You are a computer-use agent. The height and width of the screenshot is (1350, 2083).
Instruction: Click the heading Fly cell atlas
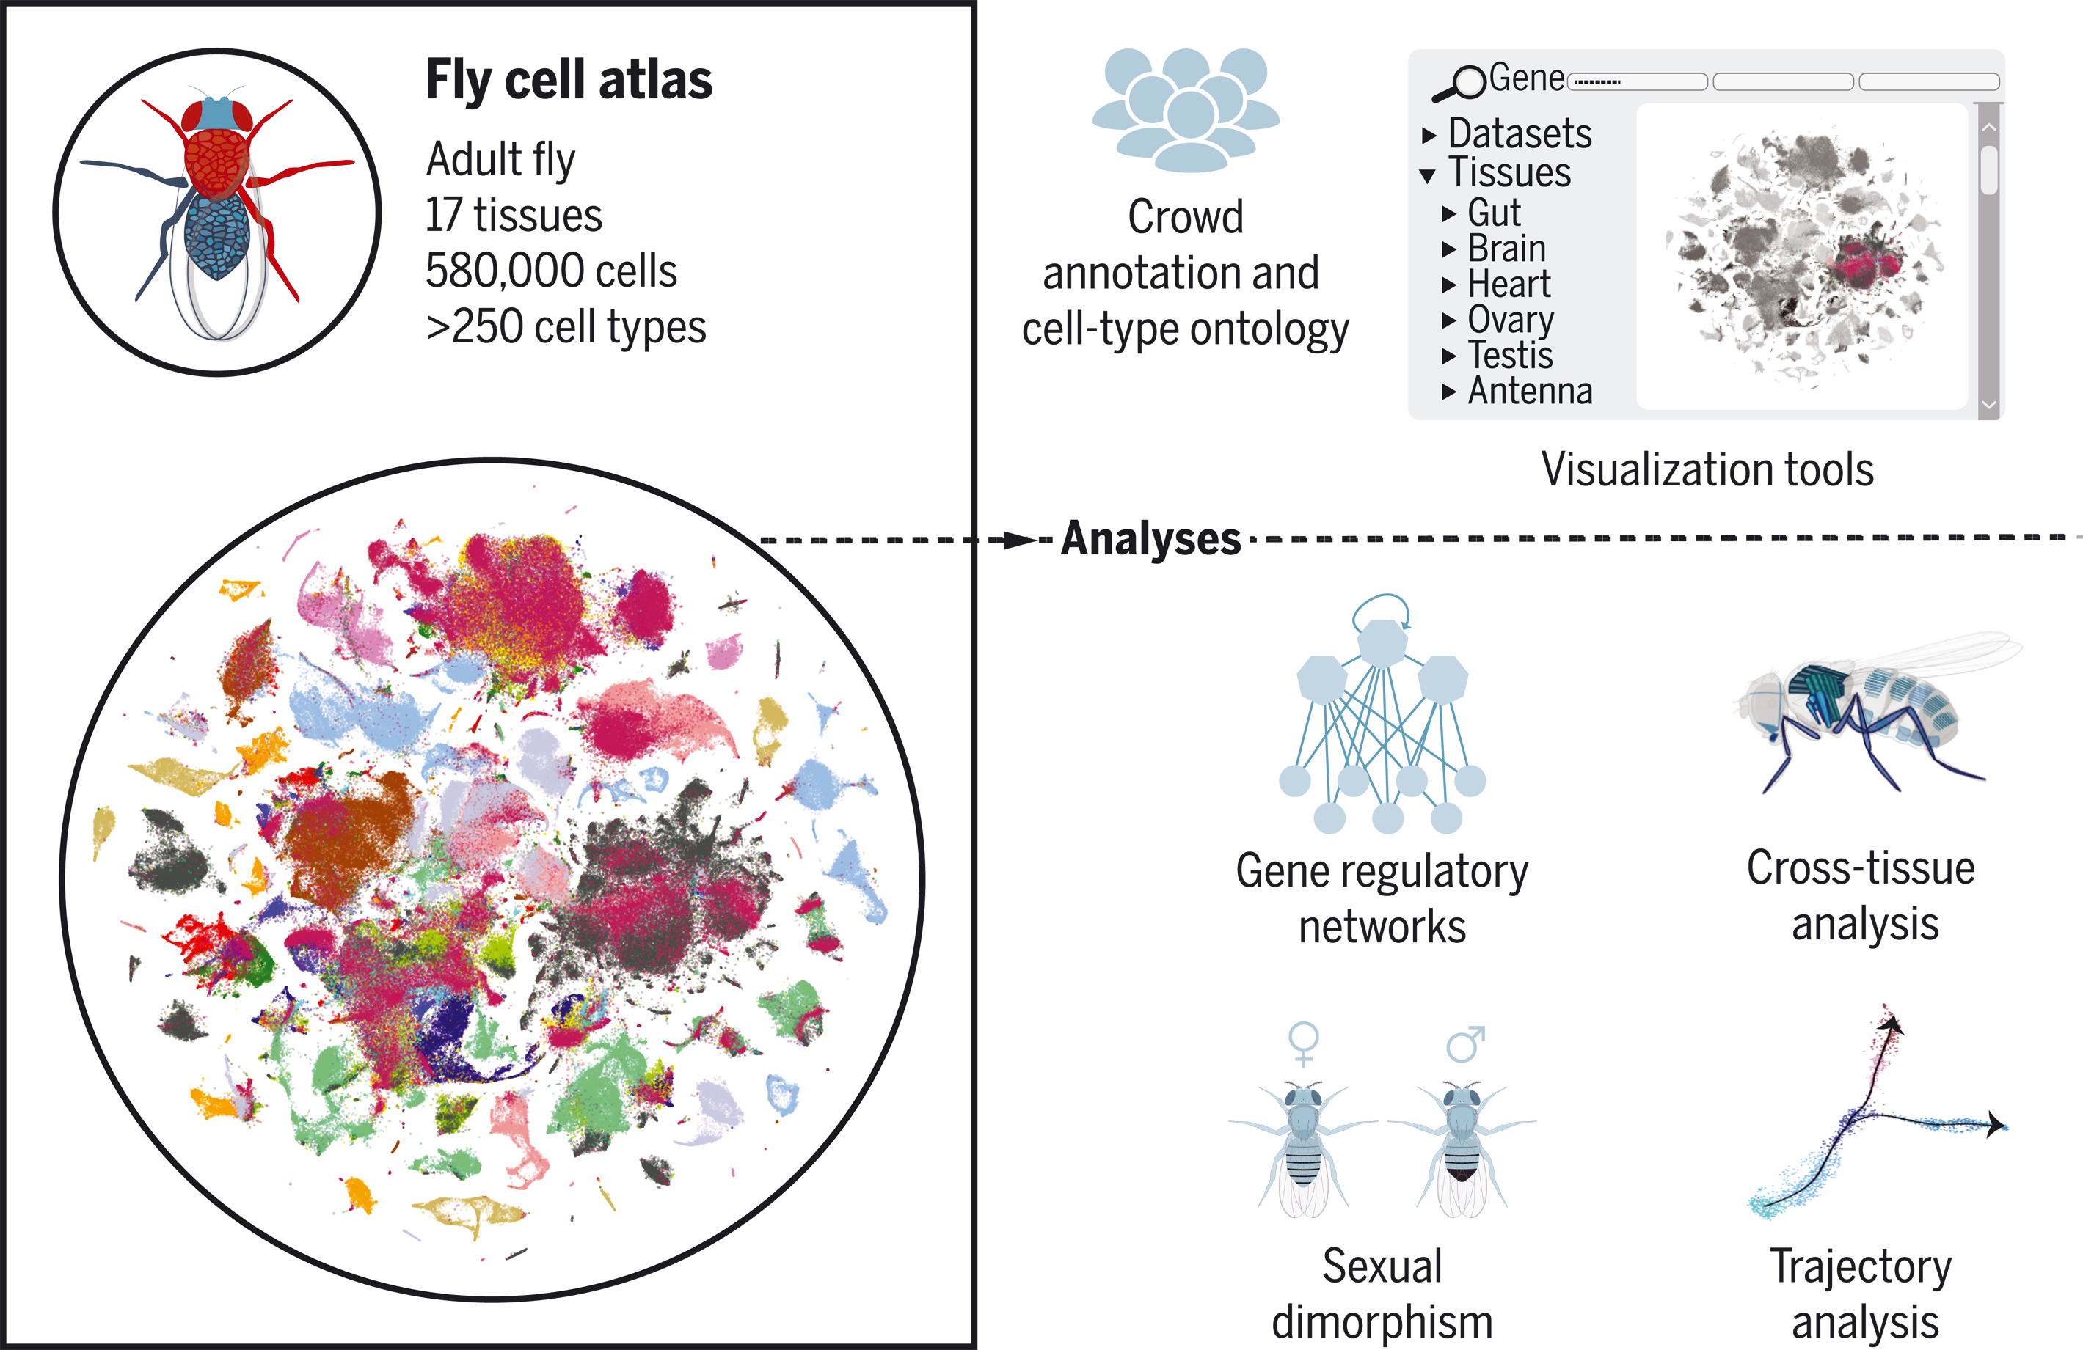(569, 81)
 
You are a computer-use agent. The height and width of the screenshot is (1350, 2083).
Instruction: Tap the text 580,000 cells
(552, 271)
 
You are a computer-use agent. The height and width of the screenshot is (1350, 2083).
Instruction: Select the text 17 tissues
(514, 216)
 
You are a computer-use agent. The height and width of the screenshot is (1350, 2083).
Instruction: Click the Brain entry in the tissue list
(1506, 249)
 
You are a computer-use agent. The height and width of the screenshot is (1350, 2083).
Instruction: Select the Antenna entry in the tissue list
(1530, 391)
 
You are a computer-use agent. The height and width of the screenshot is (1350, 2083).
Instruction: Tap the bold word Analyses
(1151, 539)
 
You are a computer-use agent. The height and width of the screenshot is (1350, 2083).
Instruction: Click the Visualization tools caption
(1707, 470)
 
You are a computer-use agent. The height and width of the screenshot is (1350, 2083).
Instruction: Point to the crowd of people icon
(1186, 109)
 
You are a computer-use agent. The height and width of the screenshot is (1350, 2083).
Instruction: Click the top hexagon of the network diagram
(1382, 643)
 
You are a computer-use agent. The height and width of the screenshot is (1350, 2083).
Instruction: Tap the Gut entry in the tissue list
(1494, 213)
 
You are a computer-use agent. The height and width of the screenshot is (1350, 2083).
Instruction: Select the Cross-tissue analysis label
(1861, 896)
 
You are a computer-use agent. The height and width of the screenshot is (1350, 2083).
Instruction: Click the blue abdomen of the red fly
(217, 236)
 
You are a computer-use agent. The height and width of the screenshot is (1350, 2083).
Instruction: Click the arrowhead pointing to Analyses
(1018, 540)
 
